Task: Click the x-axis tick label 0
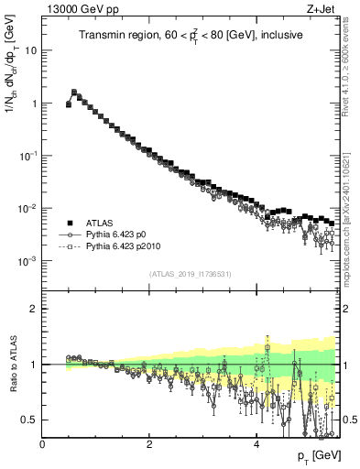(x=42, y=442)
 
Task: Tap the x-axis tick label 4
(x=256, y=442)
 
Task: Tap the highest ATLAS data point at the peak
(x=74, y=92)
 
